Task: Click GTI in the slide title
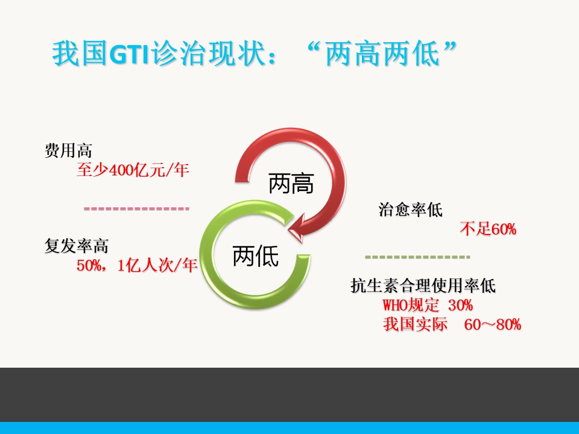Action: pos(129,54)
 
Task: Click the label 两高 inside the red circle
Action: pos(291,183)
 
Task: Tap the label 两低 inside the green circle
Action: pos(256,256)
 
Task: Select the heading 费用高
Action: pos(68,150)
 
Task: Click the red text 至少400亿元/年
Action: pos(133,170)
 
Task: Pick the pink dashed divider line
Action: pos(137,209)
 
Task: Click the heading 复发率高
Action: pos(77,245)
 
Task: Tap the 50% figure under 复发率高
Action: pos(89,265)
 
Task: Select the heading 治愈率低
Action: pos(410,210)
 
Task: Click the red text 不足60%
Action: pos(488,229)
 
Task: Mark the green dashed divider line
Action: pos(417,257)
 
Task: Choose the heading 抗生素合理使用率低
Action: pos(423,285)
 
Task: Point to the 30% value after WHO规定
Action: pos(460,305)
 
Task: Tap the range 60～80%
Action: pos(492,324)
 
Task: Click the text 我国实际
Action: pos(415,324)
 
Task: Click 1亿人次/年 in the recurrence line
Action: pos(157,265)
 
